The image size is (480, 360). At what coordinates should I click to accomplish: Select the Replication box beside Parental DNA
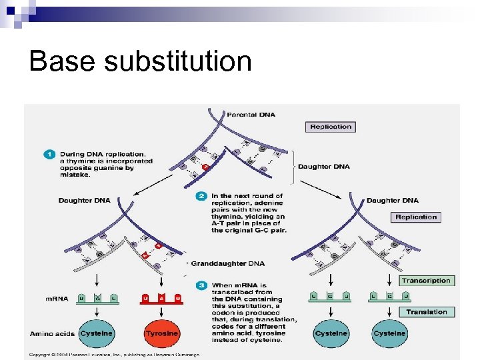pos(331,127)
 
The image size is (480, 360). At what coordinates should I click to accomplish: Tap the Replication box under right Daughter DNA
pos(415,217)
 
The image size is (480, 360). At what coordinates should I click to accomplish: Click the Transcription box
pos(426,281)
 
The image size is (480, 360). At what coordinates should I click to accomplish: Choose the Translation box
pos(426,311)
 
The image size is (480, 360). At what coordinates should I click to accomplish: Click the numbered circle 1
pos(49,155)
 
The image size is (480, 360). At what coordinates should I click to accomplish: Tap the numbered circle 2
pos(201,196)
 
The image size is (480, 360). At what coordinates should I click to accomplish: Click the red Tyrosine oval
pos(161,333)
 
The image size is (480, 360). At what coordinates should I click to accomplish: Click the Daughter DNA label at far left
pos(85,200)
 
